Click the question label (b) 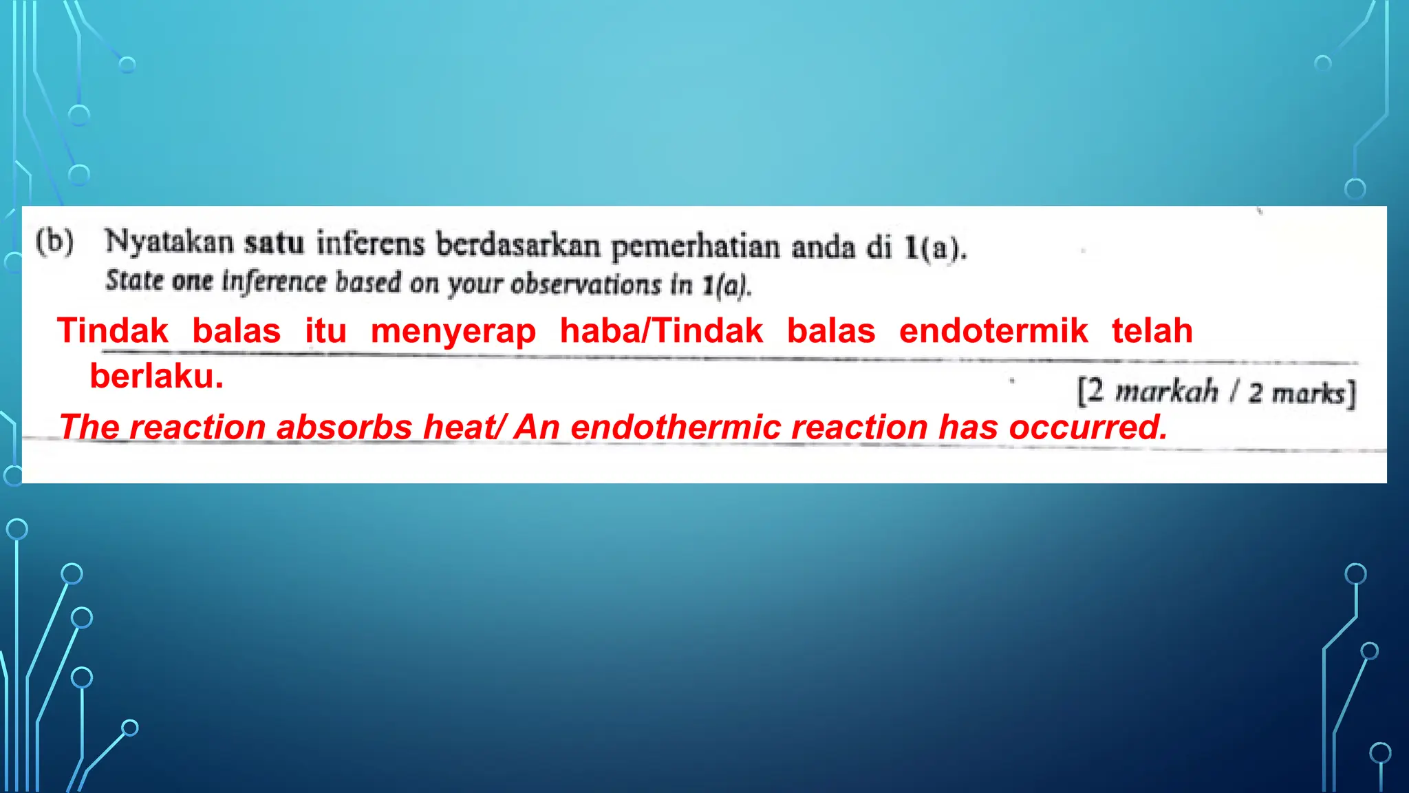click(55, 242)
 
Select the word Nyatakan click(169, 242)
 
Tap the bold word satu click(274, 243)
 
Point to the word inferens click(370, 244)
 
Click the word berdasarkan click(518, 245)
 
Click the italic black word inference click(273, 282)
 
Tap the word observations click(585, 284)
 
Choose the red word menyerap click(453, 331)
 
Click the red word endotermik click(993, 330)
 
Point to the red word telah click(1152, 330)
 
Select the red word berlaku click(157, 377)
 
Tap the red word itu click(325, 330)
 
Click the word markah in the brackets click(1166, 392)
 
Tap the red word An click(537, 427)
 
